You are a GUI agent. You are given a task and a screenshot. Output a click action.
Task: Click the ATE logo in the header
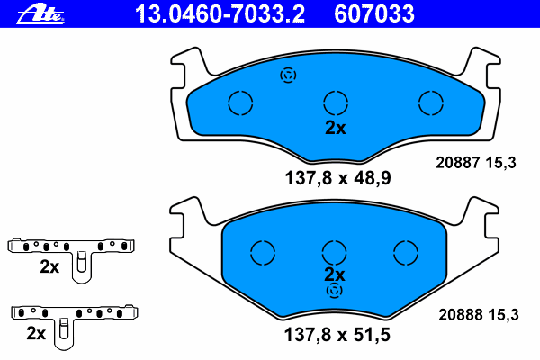point(40,15)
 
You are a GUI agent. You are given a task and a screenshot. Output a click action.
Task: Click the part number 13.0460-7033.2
point(220,14)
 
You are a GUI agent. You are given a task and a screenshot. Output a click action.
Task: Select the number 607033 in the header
point(374,14)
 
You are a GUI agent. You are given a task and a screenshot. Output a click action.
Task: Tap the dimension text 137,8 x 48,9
point(337,178)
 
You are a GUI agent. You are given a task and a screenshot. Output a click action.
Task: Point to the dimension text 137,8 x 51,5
point(337,335)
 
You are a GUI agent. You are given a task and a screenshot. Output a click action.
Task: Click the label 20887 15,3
point(476,163)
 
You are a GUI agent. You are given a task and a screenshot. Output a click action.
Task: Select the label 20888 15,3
point(479,314)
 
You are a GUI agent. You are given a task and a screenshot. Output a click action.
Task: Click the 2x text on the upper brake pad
point(336,128)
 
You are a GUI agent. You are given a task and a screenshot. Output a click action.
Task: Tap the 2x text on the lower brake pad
point(335,274)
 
